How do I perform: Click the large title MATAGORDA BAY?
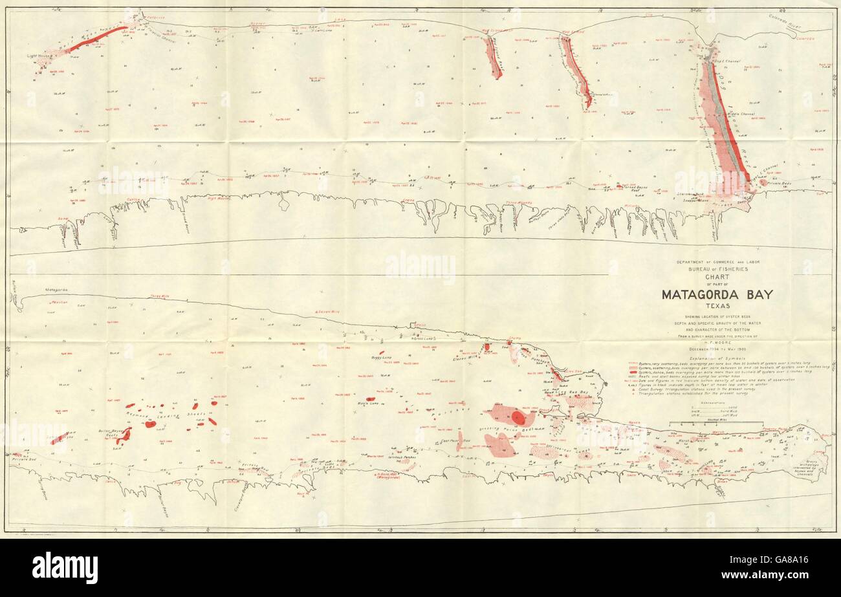pyautogui.click(x=716, y=295)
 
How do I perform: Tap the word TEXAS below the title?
pyautogui.click(x=717, y=307)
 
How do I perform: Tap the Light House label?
pyautogui.click(x=39, y=56)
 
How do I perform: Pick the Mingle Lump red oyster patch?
pyautogui.click(x=371, y=399)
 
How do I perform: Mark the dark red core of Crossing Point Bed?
pyautogui.click(x=518, y=418)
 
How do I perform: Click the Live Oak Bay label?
pyautogui.click(x=574, y=393)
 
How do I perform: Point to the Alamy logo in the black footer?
pyautogui.click(x=65, y=568)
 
